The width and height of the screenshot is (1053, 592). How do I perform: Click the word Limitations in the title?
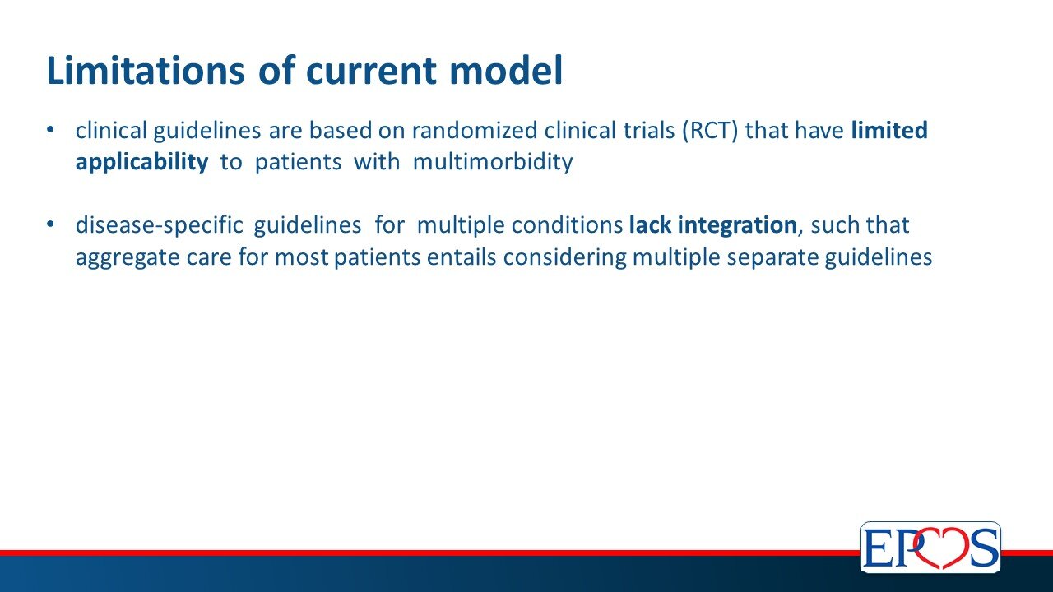pyautogui.click(x=146, y=71)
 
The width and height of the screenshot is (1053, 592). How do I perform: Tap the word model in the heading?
pyautogui.click(x=506, y=71)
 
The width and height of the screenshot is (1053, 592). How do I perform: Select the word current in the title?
pyautogui.click(x=371, y=72)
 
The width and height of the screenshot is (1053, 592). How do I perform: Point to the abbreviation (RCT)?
pyautogui.click(x=711, y=131)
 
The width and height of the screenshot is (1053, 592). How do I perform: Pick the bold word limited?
pyautogui.click(x=889, y=130)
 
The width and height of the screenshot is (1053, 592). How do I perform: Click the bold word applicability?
pyautogui.click(x=142, y=163)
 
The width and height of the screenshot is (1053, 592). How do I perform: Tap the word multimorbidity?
pyautogui.click(x=493, y=162)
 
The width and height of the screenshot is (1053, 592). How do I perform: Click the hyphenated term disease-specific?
pyautogui.click(x=160, y=226)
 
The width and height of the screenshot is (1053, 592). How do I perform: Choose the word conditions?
pyautogui.click(x=568, y=226)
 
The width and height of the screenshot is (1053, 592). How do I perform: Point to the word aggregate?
pyautogui.click(x=128, y=258)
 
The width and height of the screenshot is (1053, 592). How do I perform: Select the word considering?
pyautogui.click(x=564, y=258)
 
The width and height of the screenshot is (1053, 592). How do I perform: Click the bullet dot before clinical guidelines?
pyautogui.click(x=50, y=131)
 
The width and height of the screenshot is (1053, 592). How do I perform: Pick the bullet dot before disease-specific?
pyautogui.click(x=50, y=225)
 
